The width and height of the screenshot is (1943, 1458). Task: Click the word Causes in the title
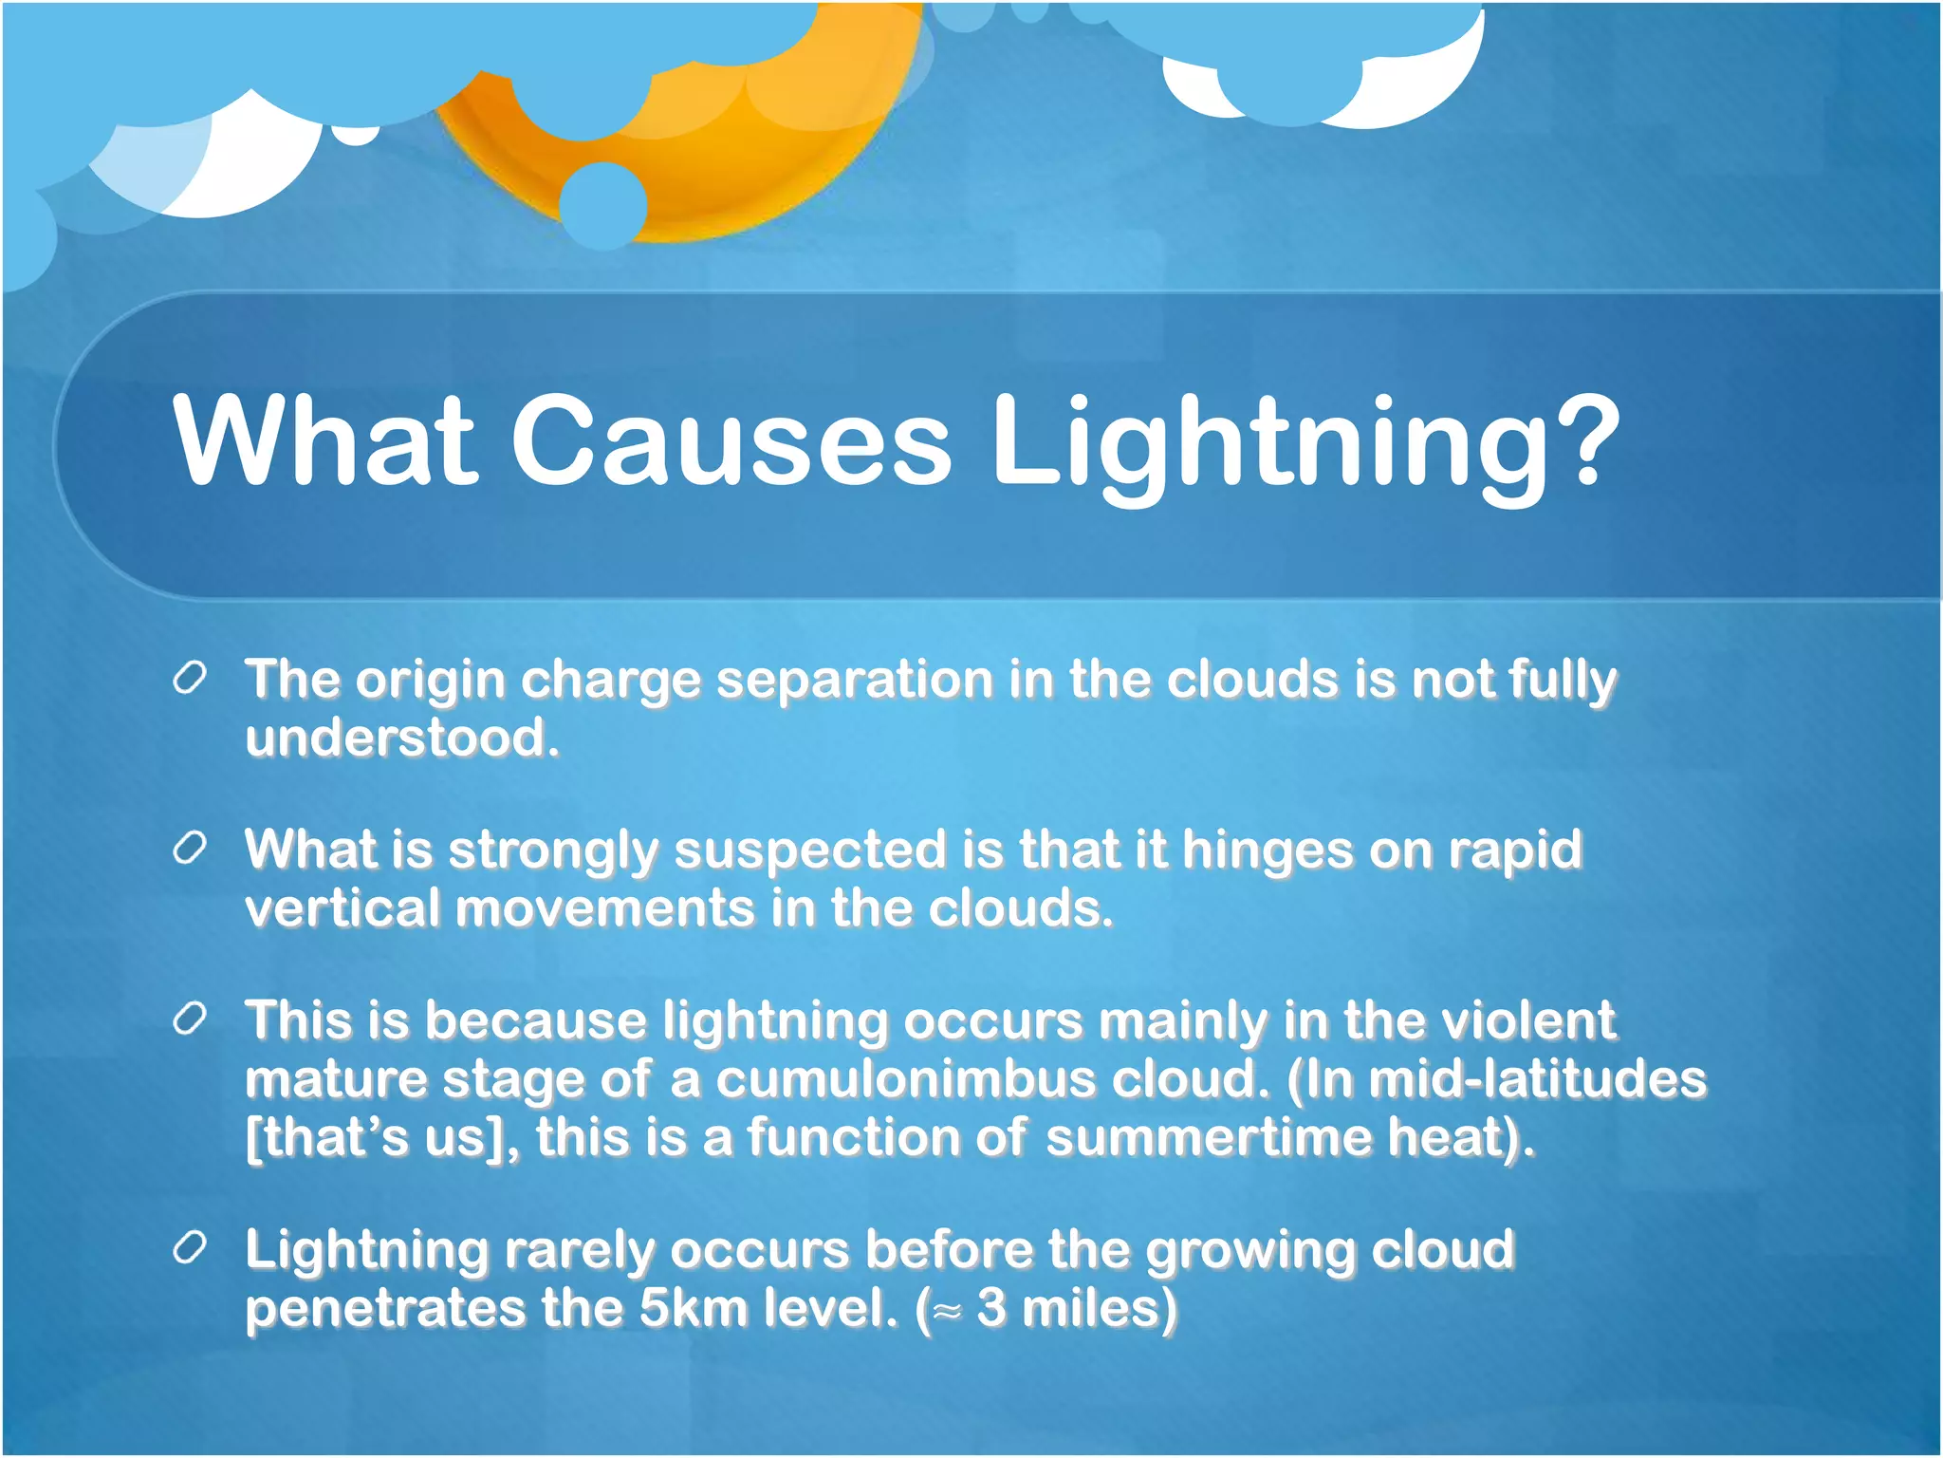click(x=731, y=441)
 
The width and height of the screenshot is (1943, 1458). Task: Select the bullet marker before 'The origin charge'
click(x=190, y=680)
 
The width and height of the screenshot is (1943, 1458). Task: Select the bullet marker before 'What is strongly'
click(x=190, y=849)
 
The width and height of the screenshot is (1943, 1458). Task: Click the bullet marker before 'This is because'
click(x=190, y=1019)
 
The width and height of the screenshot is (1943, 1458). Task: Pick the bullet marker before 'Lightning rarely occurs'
click(x=190, y=1249)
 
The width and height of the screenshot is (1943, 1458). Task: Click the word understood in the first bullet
click(x=402, y=738)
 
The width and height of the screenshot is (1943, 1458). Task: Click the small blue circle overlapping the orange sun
click(x=603, y=205)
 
